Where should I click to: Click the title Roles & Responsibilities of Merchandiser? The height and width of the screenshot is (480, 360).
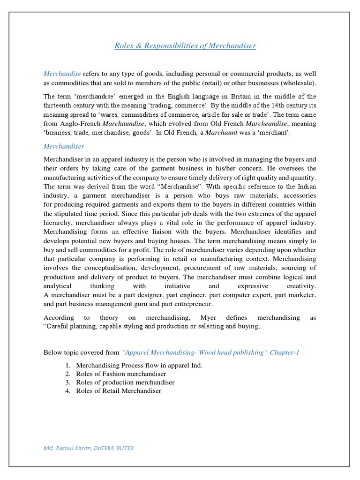(x=186, y=45)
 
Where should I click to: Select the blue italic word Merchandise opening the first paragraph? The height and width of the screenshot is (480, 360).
(x=62, y=74)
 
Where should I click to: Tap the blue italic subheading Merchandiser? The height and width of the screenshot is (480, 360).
(x=64, y=146)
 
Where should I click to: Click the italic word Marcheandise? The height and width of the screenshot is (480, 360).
(x=265, y=123)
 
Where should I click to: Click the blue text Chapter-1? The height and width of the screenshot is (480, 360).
(x=284, y=352)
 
